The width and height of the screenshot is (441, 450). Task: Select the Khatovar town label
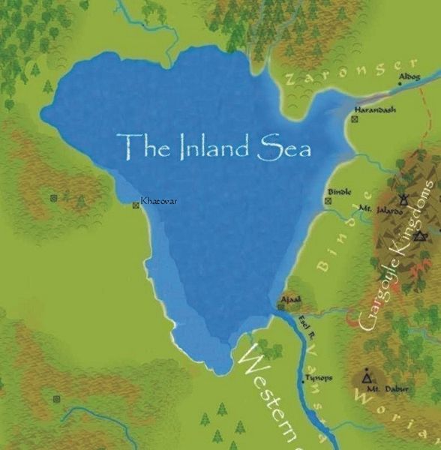(160, 201)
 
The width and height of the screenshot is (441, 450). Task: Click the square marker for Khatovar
(136, 205)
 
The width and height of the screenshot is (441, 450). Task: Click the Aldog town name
(410, 76)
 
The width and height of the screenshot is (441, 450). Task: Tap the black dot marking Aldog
(400, 84)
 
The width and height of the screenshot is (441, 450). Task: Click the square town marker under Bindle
(328, 200)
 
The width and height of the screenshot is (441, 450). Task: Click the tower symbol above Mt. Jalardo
(403, 199)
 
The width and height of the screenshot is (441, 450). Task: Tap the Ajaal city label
(290, 299)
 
